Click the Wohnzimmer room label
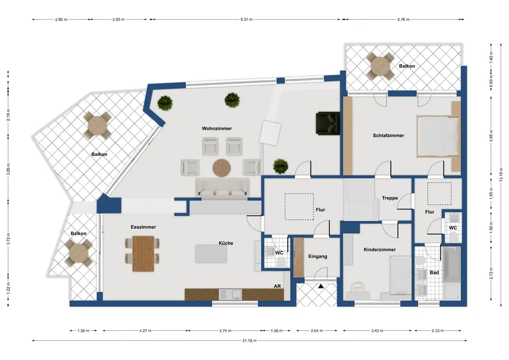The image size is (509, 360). pyautogui.click(x=217, y=128)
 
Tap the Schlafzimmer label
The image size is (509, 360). pyautogui.click(x=388, y=136)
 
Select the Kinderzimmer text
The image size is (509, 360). pyautogui.click(x=380, y=250)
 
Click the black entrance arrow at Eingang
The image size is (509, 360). pyautogui.click(x=321, y=286)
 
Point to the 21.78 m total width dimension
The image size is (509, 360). pyautogui.click(x=249, y=340)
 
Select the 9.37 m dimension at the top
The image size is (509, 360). pyautogui.click(x=247, y=20)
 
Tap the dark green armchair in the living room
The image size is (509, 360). pyautogui.click(x=328, y=122)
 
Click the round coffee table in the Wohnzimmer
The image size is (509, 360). pyautogui.click(x=222, y=168)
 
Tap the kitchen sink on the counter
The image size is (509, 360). pyautogui.click(x=230, y=294)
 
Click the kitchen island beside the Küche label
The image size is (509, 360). pyautogui.click(x=211, y=253)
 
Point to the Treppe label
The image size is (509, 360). pyautogui.click(x=390, y=198)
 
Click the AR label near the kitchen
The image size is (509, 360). pyautogui.click(x=277, y=286)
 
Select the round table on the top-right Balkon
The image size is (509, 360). pyautogui.click(x=381, y=66)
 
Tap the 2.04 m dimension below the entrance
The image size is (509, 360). pyautogui.click(x=317, y=331)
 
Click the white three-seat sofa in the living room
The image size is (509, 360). pyautogui.click(x=222, y=188)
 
